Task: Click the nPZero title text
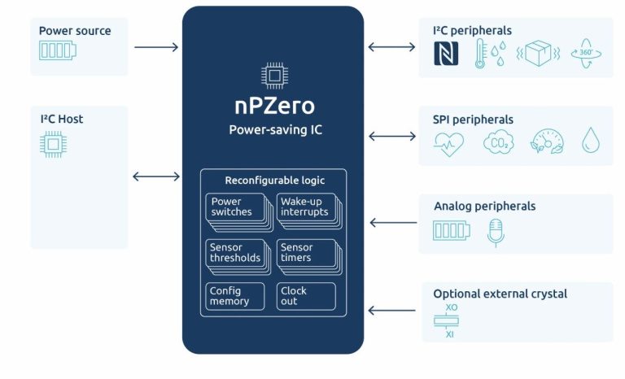tap(273, 107)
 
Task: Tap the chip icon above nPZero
tap(273, 76)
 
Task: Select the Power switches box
tap(233, 207)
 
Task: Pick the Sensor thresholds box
tap(233, 253)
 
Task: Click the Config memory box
tap(234, 296)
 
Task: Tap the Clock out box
tap(305, 296)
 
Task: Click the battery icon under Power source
tap(57, 51)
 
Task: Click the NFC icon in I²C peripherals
tap(446, 54)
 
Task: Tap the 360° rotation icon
tap(586, 54)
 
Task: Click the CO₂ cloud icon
tap(497, 142)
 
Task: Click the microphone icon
tap(496, 232)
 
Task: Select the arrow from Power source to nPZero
tap(156, 47)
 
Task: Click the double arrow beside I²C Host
tap(156, 176)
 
